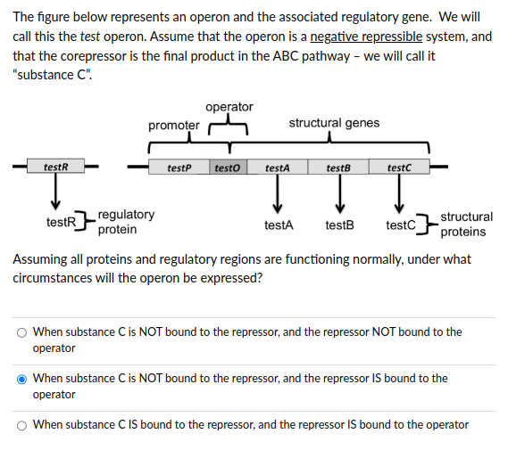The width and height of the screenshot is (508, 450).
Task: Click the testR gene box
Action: tap(55, 167)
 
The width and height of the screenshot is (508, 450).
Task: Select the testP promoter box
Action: tap(179, 167)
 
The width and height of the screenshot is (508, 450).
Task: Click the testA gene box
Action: tap(277, 167)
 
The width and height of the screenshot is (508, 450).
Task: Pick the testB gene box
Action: tap(338, 167)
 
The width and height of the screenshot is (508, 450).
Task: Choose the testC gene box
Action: tap(399, 167)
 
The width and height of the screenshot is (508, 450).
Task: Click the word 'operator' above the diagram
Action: tap(229, 107)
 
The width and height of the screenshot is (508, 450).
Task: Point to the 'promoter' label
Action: tap(173, 125)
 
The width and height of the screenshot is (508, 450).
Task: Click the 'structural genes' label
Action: tap(334, 123)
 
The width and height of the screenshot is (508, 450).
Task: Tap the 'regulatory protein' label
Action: tap(126, 222)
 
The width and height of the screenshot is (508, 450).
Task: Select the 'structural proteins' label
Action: tap(466, 224)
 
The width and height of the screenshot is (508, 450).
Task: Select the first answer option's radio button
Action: tap(21, 332)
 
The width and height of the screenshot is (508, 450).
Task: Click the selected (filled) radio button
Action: tap(21, 379)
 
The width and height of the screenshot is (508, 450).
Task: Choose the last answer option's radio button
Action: tap(21, 425)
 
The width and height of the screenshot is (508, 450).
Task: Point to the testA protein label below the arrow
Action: tap(279, 225)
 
